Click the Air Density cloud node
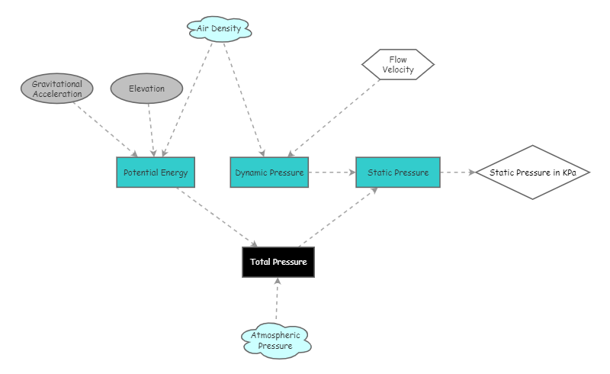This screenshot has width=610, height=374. point(220,29)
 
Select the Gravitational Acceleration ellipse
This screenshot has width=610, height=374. point(56,89)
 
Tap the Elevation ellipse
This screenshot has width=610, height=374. point(147,89)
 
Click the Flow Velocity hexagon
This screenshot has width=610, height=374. point(398,65)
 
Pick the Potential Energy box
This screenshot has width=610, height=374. point(156,172)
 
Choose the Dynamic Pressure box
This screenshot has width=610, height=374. point(269,172)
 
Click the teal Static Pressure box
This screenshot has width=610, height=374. point(398,172)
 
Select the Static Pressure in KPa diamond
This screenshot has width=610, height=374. point(533,172)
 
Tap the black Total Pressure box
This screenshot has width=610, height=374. point(278,262)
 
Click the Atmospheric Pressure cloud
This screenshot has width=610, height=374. point(276,340)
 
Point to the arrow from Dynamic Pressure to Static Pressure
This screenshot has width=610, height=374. point(332,172)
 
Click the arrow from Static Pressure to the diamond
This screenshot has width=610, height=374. point(457,172)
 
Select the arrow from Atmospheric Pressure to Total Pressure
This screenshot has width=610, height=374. point(278,301)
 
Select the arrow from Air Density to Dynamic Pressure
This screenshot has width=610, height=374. point(242,99)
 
